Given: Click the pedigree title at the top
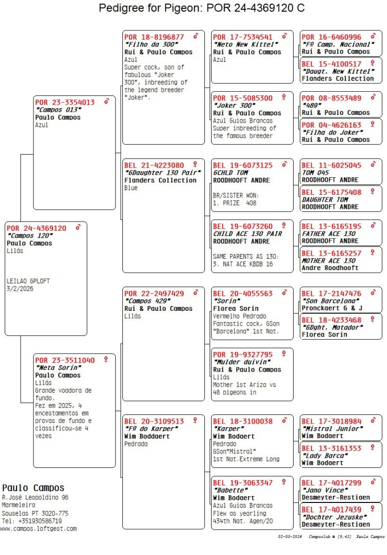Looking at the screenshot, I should click(x=202, y=8).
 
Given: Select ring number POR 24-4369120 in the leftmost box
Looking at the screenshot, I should click(x=37, y=228).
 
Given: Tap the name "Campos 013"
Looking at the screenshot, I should click(x=58, y=110).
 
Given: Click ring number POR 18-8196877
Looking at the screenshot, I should click(x=154, y=37).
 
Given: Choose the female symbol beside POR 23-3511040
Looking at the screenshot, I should click(x=106, y=359).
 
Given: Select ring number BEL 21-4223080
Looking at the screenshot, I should click(x=154, y=165).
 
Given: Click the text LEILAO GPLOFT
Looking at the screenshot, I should click(x=28, y=281).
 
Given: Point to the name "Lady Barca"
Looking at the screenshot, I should click(x=324, y=456).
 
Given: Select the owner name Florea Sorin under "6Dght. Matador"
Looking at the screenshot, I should click(x=325, y=334).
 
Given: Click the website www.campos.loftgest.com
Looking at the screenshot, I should click(x=38, y=528).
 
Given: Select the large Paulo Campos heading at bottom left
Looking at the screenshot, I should click(x=34, y=488).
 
